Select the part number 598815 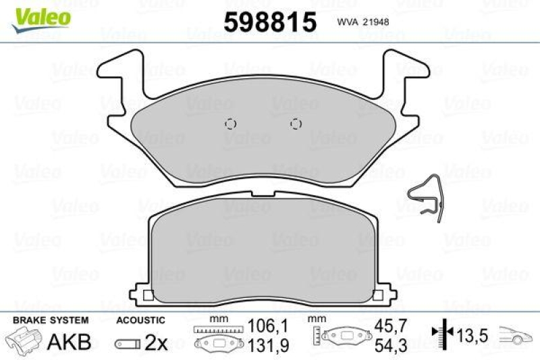point(269,22)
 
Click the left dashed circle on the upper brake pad point(230,124)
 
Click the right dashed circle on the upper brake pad point(295,124)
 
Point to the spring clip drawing point(425,199)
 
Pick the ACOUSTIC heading point(140,319)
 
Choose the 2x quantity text point(156,342)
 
